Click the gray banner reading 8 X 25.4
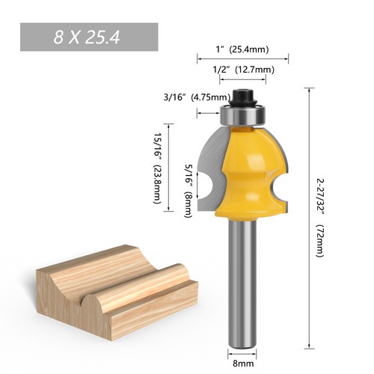point(88,37)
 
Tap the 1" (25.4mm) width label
point(242,51)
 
